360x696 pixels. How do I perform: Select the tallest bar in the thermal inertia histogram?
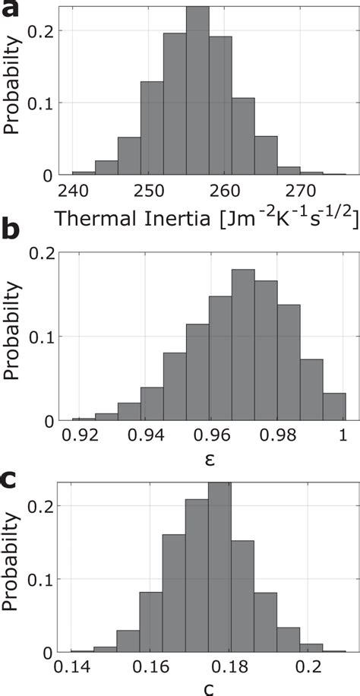coord(197,91)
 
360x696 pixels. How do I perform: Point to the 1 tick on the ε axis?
coord(342,435)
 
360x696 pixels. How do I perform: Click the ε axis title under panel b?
coord(208,458)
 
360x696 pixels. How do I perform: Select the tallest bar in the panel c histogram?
coord(219,567)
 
